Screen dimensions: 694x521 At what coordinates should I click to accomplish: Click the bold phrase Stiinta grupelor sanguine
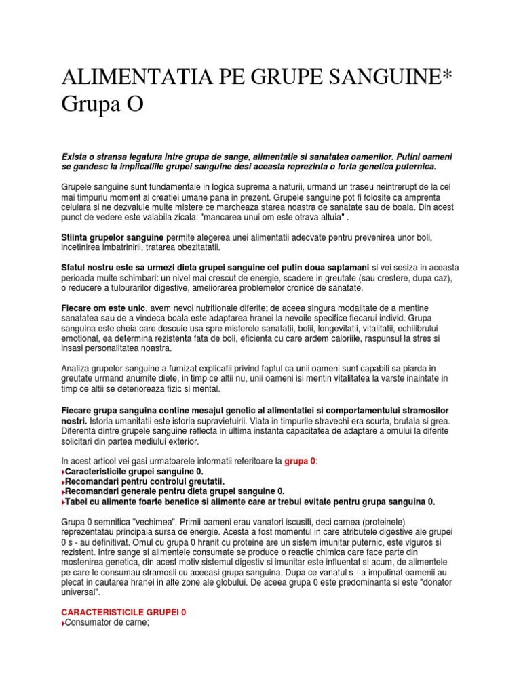pos(113,237)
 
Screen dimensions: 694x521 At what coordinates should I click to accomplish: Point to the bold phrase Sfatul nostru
pos(89,268)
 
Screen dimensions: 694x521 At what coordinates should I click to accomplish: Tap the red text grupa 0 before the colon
pos(299,461)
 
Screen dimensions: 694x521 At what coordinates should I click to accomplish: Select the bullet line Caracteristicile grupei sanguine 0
pos(134,471)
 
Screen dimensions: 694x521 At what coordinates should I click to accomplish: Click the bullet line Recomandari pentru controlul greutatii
pos(143,481)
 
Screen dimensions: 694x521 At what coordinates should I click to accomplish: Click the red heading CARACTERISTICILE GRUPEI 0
pos(123,611)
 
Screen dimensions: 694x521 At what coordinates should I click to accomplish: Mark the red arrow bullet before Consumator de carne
pos(64,622)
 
